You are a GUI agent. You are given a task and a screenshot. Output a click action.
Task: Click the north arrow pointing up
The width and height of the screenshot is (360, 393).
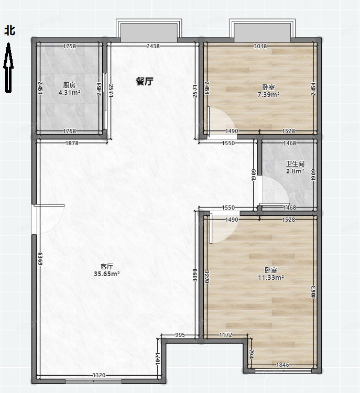[8, 68]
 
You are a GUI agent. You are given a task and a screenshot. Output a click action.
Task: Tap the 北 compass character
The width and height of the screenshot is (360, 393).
[10, 31]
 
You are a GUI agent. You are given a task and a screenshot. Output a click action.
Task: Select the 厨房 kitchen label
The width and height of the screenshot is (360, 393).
[69, 85]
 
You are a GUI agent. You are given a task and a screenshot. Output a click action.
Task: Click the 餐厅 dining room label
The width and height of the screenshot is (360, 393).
[145, 81]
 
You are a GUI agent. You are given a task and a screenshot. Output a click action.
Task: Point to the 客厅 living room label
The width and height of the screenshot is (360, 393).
[107, 266]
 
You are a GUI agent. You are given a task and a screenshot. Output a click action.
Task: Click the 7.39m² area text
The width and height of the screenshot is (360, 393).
[268, 95]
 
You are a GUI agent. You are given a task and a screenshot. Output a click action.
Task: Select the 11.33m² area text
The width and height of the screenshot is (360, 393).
[271, 278]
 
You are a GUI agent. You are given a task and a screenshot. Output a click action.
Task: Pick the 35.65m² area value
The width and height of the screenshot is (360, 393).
[107, 274]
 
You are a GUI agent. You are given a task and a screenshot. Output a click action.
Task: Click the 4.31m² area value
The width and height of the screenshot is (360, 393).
[69, 93]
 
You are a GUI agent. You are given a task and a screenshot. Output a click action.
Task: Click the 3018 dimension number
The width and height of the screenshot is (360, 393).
[260, 46]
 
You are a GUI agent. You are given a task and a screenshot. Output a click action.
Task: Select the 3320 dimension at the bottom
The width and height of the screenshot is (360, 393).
[99, 376]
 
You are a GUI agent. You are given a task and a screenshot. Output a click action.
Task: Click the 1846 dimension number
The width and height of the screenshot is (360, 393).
[282, 365]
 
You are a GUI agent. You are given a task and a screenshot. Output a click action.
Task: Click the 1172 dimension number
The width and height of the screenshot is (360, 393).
[225, 335]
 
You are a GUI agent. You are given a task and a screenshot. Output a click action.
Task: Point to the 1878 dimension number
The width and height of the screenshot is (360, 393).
[72, 143]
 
